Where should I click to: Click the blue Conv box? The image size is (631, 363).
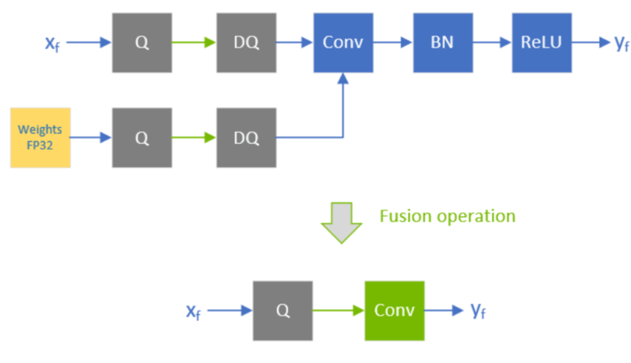[x=343, y=43]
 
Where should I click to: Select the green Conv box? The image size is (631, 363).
[x=394, y=311]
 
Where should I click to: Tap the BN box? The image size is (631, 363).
[x=443, y=43]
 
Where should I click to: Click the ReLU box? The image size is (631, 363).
[x=541, y=43]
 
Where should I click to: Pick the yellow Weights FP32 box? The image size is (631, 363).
[x=40, y=137]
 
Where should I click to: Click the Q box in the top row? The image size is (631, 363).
[x=142, y=43]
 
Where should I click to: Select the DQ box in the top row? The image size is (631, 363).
[x=246, y=43]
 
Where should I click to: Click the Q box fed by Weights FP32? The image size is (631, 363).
[x=142, y=137]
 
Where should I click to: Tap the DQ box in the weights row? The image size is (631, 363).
[x=246, y=137]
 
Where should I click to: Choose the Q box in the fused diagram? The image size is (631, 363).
[x=283, y=311]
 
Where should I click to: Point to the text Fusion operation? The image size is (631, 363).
[x=447, y=216]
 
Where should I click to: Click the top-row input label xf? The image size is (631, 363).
[x=52, y=43]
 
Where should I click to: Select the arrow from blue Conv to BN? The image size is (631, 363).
[x=393, y=42]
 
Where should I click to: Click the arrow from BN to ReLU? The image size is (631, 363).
[x=492, y=42]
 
